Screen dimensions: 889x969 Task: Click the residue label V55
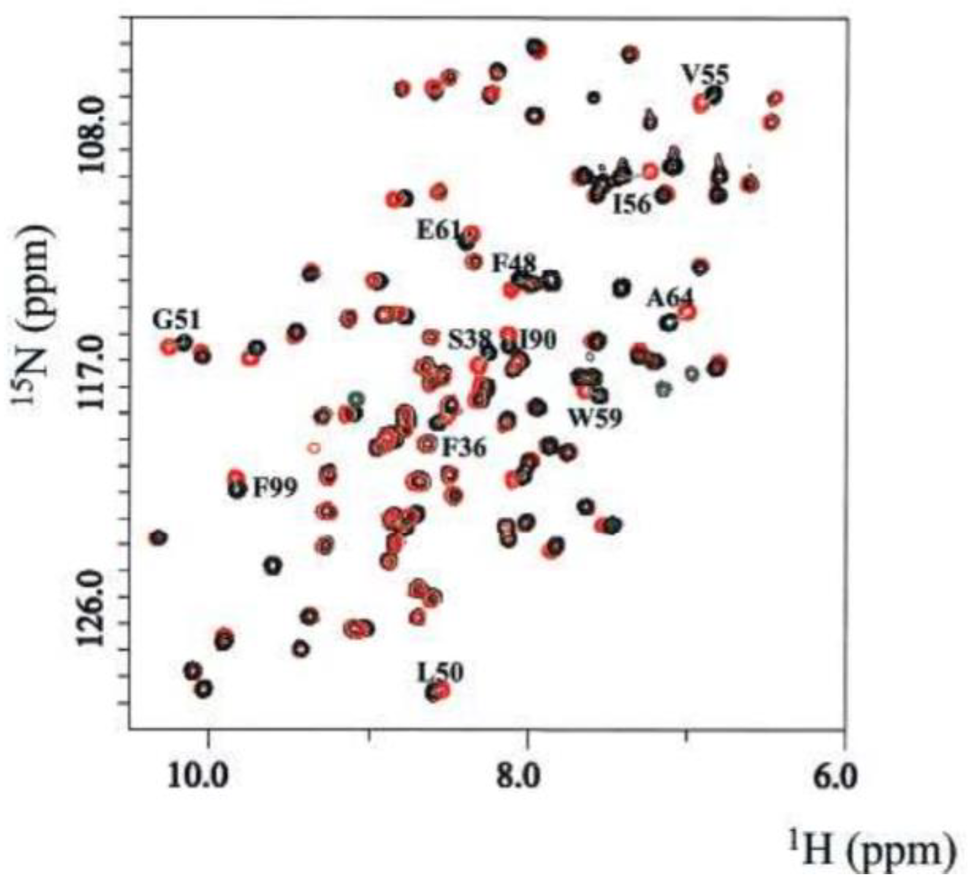(x=705, y=75)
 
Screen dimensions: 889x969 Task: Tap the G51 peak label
(x=176, y=319)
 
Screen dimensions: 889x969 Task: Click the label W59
(x=595, y=418)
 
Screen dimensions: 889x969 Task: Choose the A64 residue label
(x=669, y=298)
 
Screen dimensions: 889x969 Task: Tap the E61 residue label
(x=439, y=230)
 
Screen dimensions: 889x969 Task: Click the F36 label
(x=464, y=448)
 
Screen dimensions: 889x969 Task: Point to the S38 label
(x=470, y=340)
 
